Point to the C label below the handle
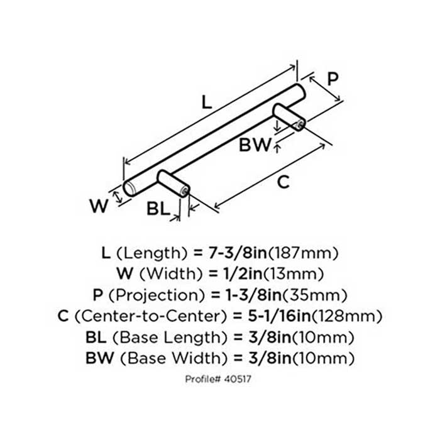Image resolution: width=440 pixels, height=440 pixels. pos(283,182)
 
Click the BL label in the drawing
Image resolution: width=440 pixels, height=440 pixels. pos(158,209)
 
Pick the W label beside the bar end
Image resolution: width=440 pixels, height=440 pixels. pos(99,206)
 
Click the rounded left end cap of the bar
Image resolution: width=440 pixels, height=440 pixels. pos(130,189)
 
